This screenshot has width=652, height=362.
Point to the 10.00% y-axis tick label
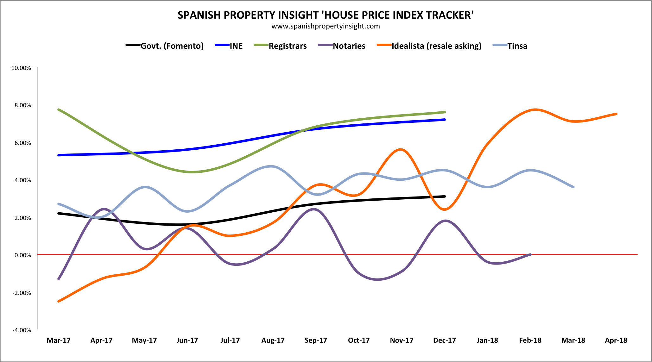[x=21, y=68]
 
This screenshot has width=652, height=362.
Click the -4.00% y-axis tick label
[x=22, y=330]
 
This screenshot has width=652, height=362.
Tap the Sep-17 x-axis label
[x=316, y=340]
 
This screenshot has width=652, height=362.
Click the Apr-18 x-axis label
[x=616, y=340]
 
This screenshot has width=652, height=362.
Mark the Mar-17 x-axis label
[x=59, y=340]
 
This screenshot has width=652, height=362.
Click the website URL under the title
[x=326, y=26]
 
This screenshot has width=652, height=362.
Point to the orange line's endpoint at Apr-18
[x=616, y=114]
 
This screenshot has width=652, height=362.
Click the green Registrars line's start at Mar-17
[x=59, y=109]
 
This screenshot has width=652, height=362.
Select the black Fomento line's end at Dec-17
[x=445, y=197]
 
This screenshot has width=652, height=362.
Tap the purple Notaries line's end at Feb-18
[x=530, y=254]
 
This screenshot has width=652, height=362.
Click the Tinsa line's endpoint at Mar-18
[x=573, y=187]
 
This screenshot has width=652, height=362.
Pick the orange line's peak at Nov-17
[x=401, y=149]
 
